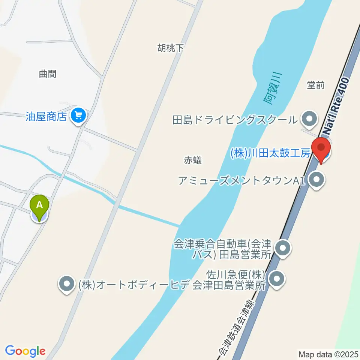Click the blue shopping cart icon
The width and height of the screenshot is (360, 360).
pyautogui.click(x=78, y=115)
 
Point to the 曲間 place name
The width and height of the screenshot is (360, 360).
pyautogui.click(x=48, y=74)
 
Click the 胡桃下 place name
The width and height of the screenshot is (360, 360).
pyautogui.click(x=171, y=48)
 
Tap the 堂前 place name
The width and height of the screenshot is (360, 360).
pyautogui.click(x=315, y=85)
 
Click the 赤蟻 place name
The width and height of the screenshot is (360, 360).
pyautogui.click(x=193, y=160)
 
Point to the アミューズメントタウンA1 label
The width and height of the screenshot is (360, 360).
pyautogui.click(x=240, y=181)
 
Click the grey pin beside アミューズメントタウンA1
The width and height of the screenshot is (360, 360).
pyautogui.click(x=317, y=180)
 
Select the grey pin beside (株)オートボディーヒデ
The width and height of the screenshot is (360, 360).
pyautogui.click(x=67, y=284)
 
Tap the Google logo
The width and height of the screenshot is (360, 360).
pyautogui.click(x=25, y=351)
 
